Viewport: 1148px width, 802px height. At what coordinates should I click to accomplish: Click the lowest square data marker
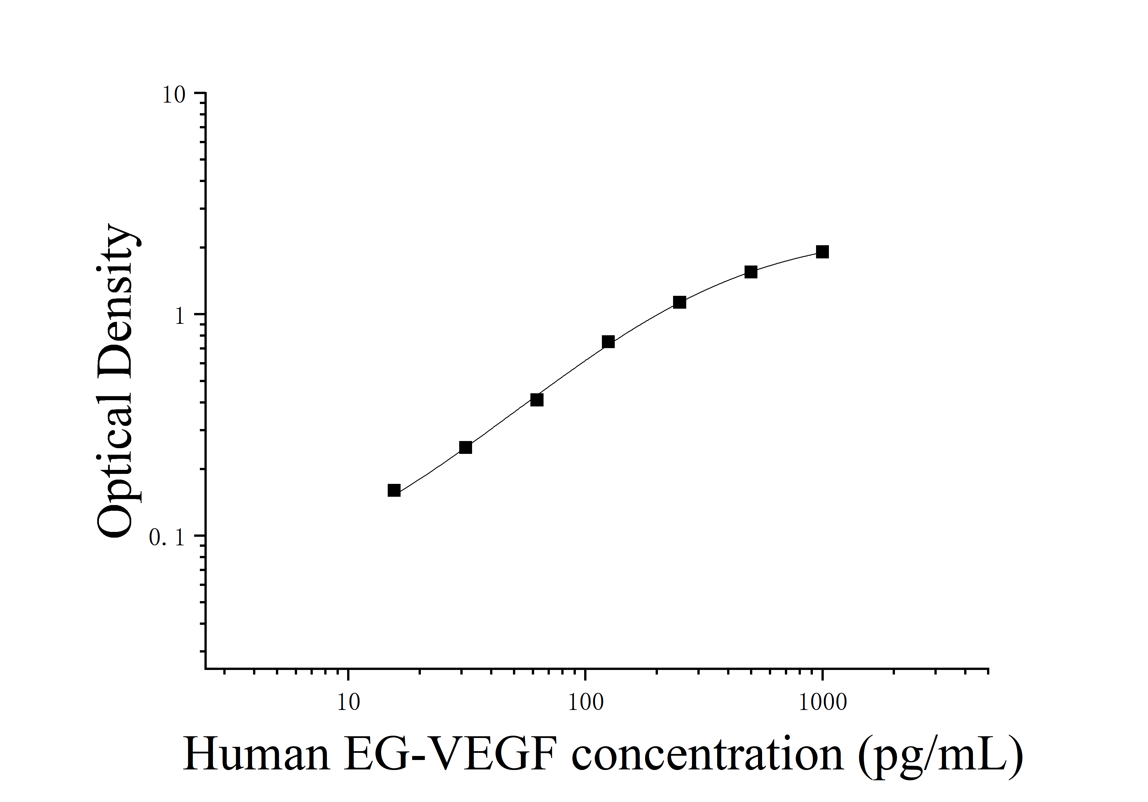(x=394, y=490)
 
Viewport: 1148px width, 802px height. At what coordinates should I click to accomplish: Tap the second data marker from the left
(x=465, y=447)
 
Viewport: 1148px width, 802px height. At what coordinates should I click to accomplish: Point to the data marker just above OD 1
(x=679, y=302)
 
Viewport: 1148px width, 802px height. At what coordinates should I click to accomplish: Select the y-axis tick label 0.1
(x=168, y=538)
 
